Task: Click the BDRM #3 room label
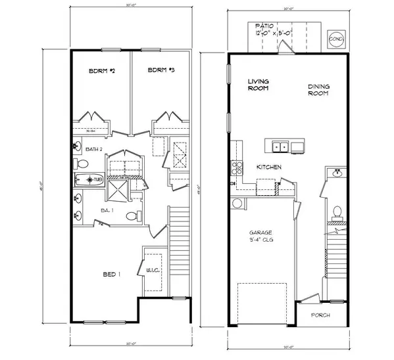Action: click(160, 70)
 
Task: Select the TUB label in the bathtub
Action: click(97, 179)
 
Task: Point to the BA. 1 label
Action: click(109, 210)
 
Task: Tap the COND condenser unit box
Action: click(336, 39)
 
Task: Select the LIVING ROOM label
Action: click(258, 85)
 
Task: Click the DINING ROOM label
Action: click(318, 90)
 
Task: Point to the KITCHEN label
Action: click(269, 167)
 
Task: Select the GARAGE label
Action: click(260, 233)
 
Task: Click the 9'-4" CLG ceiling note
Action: click(261, 241)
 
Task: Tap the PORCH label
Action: click(321, 315)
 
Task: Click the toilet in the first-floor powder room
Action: click(337, 212)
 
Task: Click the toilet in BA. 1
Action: click(131, 215)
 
